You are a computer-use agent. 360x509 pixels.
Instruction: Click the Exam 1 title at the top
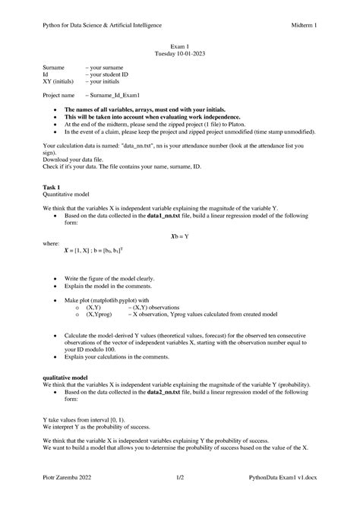(x=180, y=47)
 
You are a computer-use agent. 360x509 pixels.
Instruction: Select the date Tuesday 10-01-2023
(x=180, y=55)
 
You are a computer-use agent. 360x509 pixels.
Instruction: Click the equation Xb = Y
(x=180, y=236)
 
